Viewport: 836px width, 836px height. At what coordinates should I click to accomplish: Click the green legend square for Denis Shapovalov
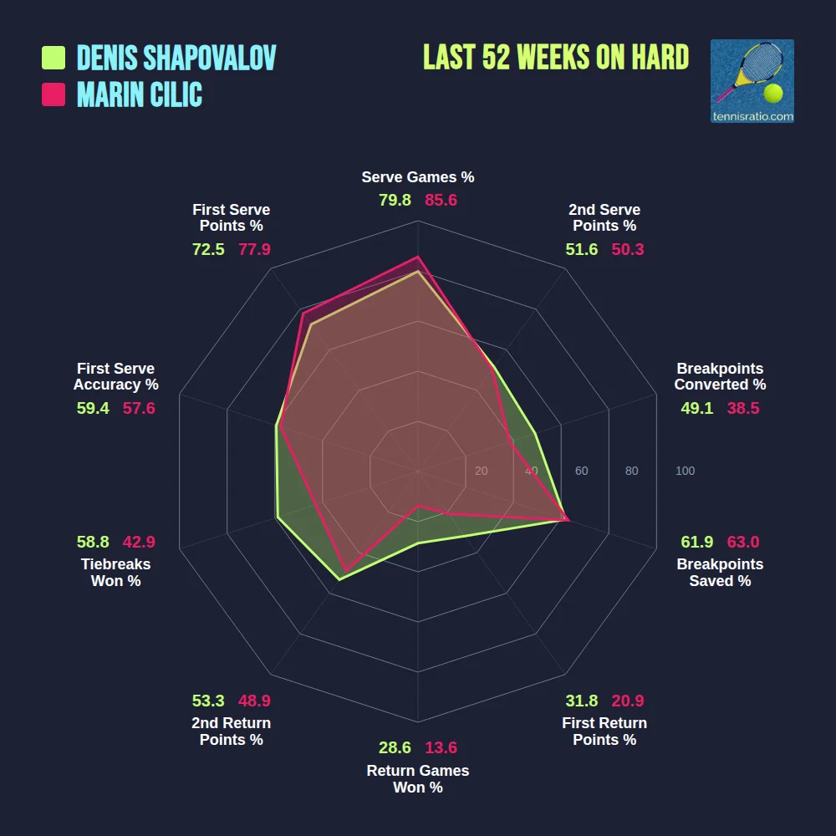coord(54,58)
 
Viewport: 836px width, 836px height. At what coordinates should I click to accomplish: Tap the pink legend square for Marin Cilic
coord(54,94)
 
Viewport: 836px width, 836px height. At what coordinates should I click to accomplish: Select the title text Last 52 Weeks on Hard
coord(556,58)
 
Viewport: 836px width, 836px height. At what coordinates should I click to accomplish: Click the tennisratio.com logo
coord(752,81)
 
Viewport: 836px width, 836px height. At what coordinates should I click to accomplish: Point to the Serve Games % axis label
coord(418,177)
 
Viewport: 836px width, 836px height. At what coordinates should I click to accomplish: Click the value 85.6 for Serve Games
coord(441,201)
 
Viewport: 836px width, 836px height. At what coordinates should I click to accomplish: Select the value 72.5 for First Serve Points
coord(208,249)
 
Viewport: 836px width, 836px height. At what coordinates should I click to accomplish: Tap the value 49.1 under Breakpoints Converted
coord(698,408)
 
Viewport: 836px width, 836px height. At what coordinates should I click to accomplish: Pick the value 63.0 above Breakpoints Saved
coord(743,542)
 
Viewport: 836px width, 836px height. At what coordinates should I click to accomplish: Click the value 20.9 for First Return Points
coord(628,701)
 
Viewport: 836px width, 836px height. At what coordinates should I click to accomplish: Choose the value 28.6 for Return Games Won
coord(395,747)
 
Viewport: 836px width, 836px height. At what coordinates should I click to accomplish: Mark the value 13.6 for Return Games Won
coord(441,747)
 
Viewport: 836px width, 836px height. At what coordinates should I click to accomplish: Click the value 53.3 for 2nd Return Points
coord(208,701)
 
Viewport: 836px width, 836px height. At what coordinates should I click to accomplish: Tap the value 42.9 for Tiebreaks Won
coord(139,542)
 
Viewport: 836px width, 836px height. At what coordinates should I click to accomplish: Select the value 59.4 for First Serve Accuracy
coord(93,408)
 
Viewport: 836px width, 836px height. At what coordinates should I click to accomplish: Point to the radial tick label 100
coord(685,472)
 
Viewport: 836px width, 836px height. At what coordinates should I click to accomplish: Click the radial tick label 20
coord(481,472)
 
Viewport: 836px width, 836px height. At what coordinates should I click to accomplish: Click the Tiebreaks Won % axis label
coord(116,573)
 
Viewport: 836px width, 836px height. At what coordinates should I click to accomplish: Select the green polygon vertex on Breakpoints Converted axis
coord(535,433)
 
